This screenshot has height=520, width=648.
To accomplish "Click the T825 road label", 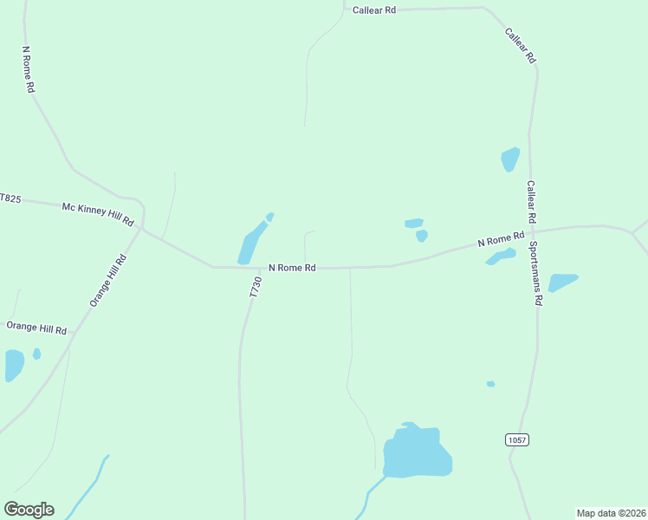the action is pos(10,198).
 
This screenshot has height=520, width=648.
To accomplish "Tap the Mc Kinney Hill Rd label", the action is pos(98,214).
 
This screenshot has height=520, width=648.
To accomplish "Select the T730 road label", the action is pos(255,288).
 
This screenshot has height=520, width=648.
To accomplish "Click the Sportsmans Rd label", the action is pos(536,274).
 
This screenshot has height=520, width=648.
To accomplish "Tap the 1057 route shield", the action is pos(516,440).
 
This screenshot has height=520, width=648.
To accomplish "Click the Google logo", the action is pos(29,510).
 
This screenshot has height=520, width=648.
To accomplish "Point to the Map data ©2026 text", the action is pos(610,513).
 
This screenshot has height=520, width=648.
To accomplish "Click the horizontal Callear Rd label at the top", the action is pos(374,10).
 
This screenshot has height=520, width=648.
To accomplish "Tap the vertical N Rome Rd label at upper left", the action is pos(29,69).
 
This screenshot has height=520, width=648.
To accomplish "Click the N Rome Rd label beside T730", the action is pos(292,268).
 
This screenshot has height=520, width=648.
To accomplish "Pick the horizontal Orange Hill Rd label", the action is pos(36,328).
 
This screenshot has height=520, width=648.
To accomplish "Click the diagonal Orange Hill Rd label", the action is pos(107,280).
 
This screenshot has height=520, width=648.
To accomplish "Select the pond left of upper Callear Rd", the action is pos(509,159).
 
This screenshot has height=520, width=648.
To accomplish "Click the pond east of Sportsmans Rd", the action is pos(561,282).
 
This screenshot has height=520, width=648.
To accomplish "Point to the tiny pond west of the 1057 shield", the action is pos(490,384).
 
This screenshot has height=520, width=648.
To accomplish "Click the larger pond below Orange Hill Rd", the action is pos(13,365).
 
